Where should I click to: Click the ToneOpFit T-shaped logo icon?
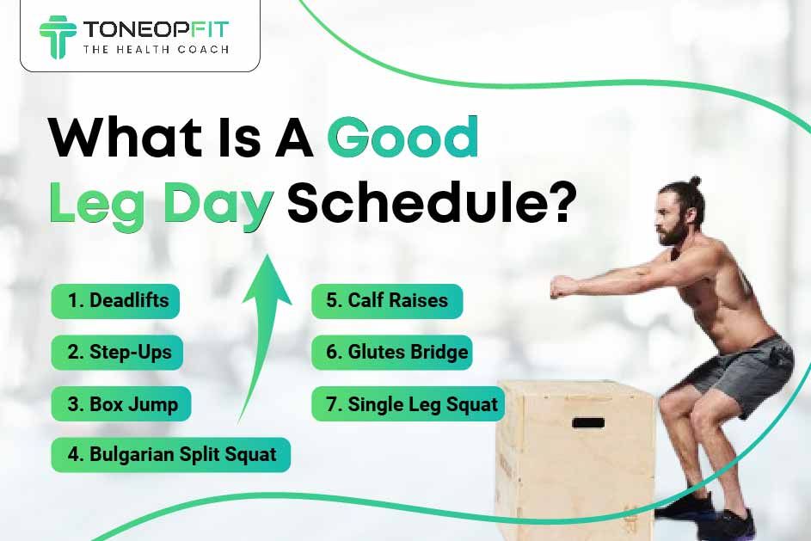click(58, 36)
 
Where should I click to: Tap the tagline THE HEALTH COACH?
click(156, 50)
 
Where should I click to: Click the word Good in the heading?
click(402, 137)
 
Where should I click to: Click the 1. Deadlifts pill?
click(115, 301)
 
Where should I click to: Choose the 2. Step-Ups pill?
click(117, 353)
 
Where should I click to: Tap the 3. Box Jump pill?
click(121, 404)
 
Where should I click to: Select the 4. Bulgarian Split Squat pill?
click(170, 455)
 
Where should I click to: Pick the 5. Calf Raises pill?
click(387, 301)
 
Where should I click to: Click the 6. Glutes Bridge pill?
click(391, 353)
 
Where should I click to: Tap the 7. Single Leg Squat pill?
click(408, 404)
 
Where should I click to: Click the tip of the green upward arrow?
click(267, 255)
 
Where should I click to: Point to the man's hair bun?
click(695, 181)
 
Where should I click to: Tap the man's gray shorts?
click(742, 373)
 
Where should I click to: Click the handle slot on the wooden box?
click(588, 422)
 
